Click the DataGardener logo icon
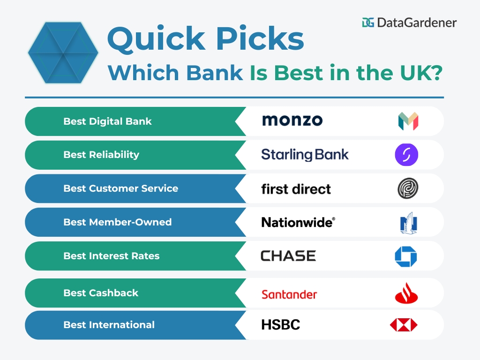368,22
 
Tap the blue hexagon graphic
63,52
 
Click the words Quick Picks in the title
205,39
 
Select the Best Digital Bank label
107,121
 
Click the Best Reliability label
101,155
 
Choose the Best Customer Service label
120,188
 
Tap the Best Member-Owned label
117,222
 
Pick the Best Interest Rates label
111,256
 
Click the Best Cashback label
101,293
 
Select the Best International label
109,325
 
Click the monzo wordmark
292,120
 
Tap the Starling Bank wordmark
305,155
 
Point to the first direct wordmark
296,189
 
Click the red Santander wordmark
289,294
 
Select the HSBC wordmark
280,325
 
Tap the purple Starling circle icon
406,155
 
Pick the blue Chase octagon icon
405,256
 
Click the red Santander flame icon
406,294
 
